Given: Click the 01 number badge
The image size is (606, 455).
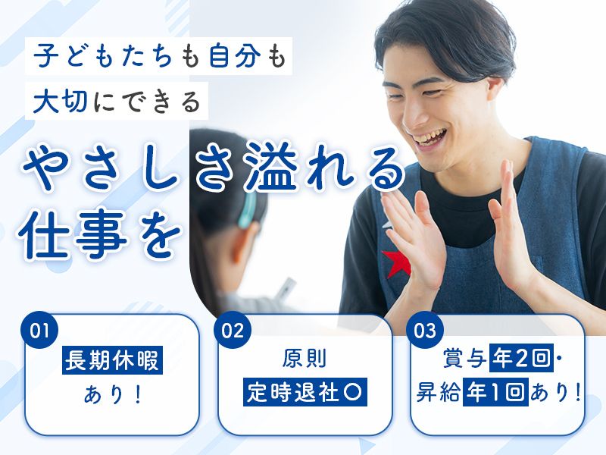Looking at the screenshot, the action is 39,331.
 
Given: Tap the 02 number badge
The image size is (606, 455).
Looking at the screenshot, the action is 233,331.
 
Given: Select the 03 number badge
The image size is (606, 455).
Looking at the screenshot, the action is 425,331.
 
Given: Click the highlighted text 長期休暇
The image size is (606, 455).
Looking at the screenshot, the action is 112,360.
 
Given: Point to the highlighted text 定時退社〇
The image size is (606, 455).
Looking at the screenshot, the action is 305,392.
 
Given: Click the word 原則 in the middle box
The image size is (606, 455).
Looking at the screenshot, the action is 305,359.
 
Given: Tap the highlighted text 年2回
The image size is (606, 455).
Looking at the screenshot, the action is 521,358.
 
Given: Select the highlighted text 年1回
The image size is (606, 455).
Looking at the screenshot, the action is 496,392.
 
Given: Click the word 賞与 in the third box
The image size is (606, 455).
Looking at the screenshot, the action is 465,359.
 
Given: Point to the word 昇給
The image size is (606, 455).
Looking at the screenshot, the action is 439,392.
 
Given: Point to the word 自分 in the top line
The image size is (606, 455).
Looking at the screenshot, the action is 235,56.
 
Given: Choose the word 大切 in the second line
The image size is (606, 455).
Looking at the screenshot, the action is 60,102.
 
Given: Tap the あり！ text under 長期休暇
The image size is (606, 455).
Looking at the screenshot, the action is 113,394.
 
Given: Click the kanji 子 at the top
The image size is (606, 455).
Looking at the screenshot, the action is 46,56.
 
